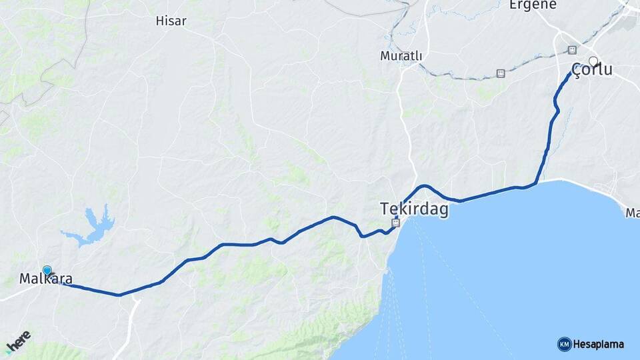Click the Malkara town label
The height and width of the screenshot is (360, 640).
tap(46, 279)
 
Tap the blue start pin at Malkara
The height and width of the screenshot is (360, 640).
tap(47, 270)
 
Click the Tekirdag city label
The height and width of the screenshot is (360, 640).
tap(414, 209)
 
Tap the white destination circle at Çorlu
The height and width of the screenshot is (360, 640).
tap(593, 61)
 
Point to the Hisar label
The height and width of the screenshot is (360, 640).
tap(171, 21)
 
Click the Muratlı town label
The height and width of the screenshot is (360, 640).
tap(401, 56)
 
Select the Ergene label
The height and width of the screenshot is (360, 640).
tap(533, 5)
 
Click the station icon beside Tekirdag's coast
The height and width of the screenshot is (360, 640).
tap(396, 223)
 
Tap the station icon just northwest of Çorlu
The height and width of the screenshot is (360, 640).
tap(571, 50)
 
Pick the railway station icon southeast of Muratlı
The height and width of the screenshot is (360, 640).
tap(501, 73)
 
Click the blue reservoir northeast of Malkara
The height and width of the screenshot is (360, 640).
tap(93, 227)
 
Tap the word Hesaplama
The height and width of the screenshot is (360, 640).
tap(599, 345)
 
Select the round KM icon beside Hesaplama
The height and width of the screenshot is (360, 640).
tap(564, 345)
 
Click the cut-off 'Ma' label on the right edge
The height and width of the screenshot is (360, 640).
tap(633, 213)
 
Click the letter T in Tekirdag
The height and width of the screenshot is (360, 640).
tap(385, 209)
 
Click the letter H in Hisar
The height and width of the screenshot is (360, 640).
tap(159, 21)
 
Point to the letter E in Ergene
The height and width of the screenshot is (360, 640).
tap(513, 5)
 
